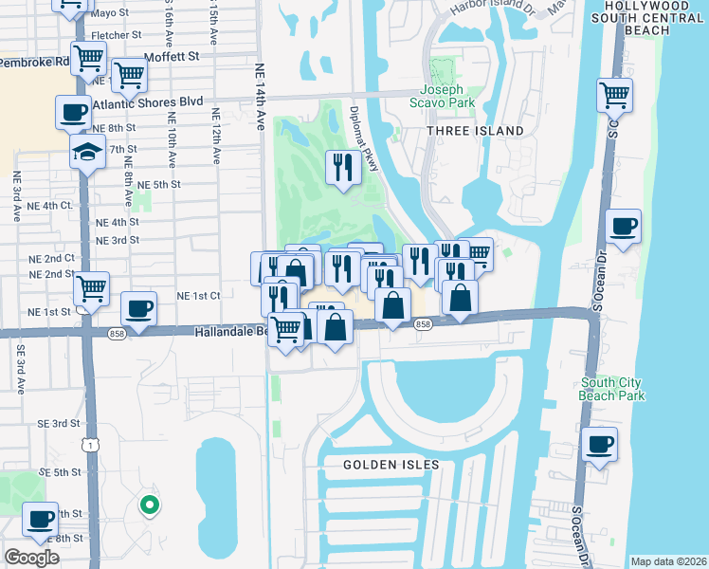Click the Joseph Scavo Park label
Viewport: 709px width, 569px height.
[x=442, y=98]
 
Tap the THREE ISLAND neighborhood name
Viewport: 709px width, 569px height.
[x=475, y=130]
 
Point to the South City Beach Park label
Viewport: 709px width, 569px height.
[x=612, y=389]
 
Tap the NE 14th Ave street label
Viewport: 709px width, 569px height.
[x=260, y=96]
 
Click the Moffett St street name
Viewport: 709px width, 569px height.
[x=177, y=56]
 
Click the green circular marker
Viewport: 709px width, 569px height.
[x=149, y=505]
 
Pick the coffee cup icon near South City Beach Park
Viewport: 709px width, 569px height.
[x=600, y=444]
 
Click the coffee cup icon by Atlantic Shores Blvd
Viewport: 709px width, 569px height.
[x=73, y=112]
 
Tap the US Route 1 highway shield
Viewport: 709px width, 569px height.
[x=88, y=444]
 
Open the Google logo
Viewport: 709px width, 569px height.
[x=31, y=558]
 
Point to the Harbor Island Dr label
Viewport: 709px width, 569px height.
[x=482, y=9]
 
